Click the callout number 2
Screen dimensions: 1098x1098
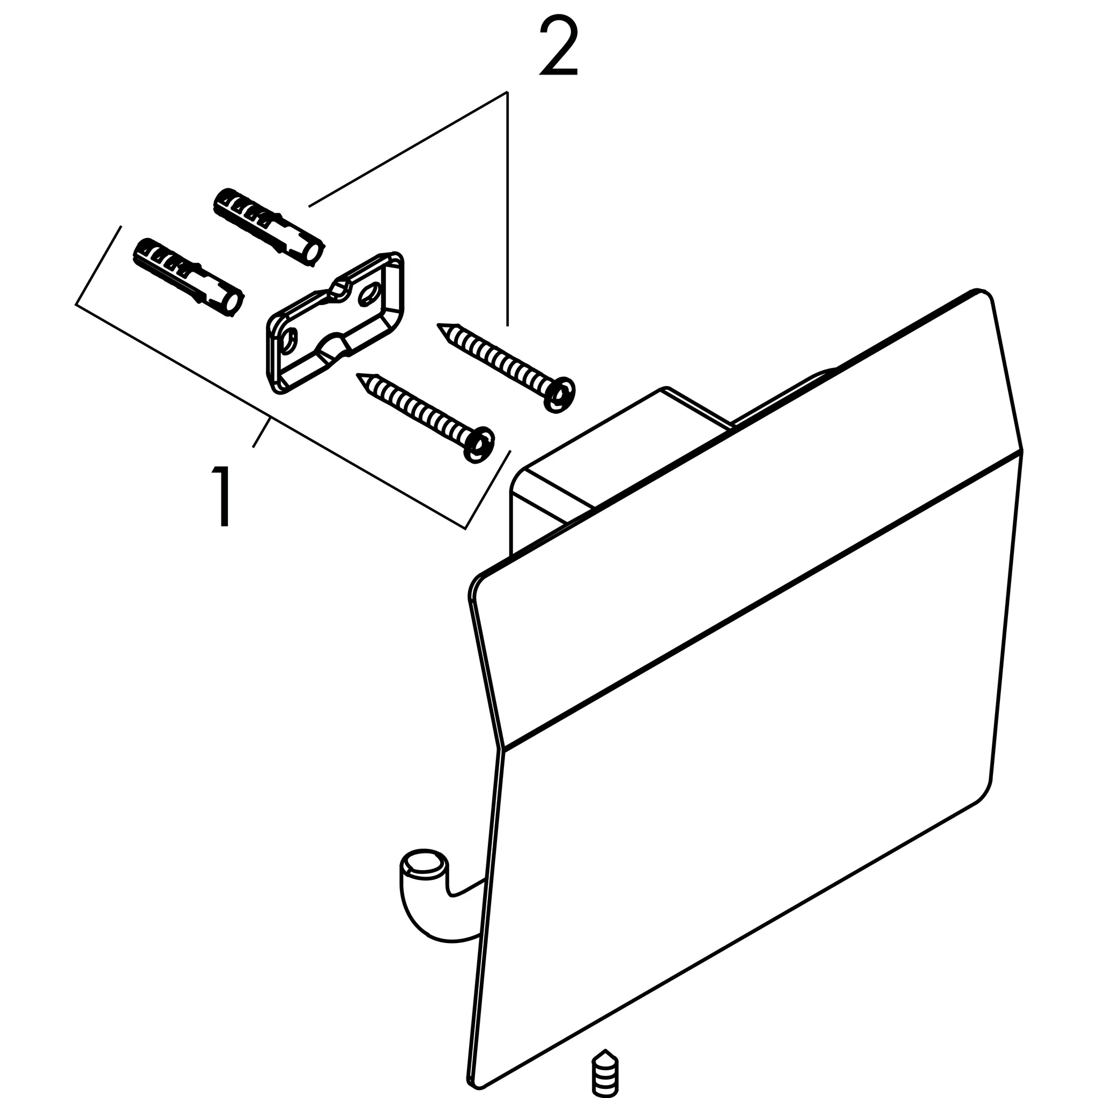(559, 47)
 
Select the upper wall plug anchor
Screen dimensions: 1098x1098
(268, 226)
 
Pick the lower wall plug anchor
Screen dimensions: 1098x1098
(188, 277)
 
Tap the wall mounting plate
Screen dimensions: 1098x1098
(335, 322)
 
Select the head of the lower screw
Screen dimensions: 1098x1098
(479, 443)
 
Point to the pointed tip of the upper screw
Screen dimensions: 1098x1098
(437, 325)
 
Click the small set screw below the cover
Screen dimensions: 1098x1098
(605, 1073)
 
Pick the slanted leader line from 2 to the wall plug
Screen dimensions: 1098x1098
(407, 149)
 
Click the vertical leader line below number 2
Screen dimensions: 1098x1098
(508, 209)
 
